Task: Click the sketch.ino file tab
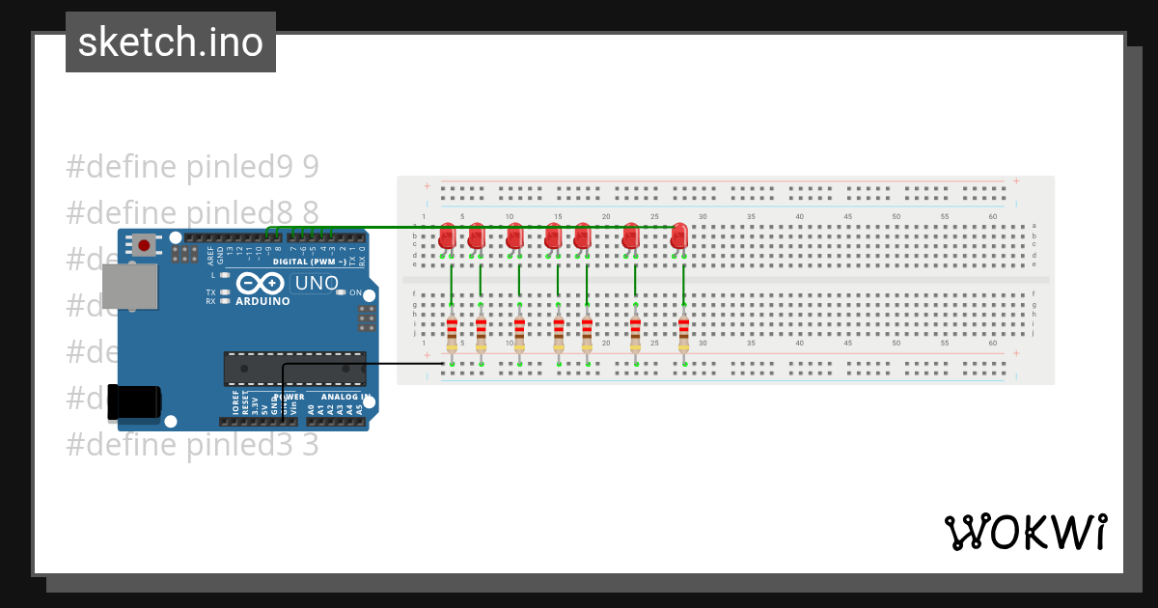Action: point(171,42)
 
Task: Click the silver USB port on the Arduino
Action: point(129,287)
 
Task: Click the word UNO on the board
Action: point(317,284)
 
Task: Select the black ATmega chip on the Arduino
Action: point(294,369)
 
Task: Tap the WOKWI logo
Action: point(1026,532)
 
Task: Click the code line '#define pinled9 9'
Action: point(192,167)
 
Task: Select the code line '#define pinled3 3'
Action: point(192,445)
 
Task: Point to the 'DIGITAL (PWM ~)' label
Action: point(312,262)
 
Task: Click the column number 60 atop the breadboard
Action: point(992,216)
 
